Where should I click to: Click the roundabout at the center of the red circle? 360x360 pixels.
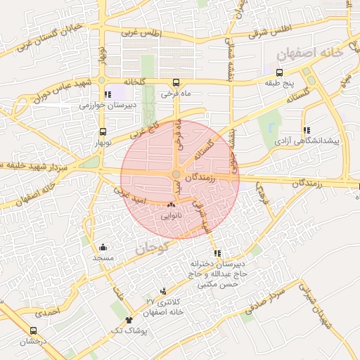point(176,174)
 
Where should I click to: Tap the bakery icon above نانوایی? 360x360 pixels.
point(171,205)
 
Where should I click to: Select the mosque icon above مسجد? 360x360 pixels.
point(103,247)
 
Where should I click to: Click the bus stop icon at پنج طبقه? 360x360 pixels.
point(280,72)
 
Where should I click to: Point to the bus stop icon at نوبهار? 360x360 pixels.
point(103,131)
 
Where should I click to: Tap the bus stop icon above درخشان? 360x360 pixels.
point(33,330)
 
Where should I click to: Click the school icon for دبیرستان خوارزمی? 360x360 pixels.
point(107,94)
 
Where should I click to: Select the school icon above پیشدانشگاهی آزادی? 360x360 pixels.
point(307,130)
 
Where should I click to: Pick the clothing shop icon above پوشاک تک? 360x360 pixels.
point(129,320)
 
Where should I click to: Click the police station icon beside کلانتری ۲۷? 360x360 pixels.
point(164,291)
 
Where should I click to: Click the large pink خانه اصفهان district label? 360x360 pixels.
point(310,52)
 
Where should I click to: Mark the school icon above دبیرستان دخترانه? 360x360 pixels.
point(216,254)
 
